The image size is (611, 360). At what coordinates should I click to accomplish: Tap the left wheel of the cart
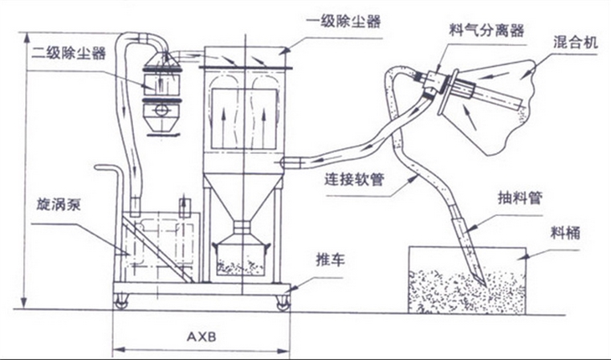[x=122, y=301]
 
